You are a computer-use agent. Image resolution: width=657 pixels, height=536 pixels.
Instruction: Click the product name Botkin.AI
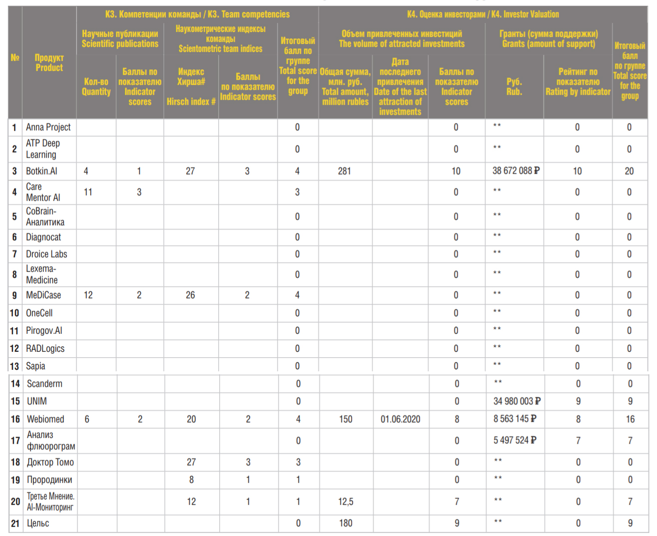click(x=41, y=171)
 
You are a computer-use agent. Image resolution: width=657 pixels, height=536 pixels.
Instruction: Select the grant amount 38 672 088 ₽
click(x=516, y=171)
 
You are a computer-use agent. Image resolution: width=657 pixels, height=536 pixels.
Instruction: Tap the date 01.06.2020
click(x=400, y=419)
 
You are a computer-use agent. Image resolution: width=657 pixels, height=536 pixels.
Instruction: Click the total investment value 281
click(x=344, y=171)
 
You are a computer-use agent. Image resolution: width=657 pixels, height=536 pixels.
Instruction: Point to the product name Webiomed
click(x=45, y=419)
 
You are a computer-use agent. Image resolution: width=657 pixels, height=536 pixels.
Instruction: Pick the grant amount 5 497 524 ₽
click(x=515, y=440)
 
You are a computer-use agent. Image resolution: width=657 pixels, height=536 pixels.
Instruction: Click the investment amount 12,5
click(x=345, y=502)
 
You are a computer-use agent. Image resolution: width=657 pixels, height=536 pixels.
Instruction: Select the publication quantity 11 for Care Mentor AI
click(x=88, y=192)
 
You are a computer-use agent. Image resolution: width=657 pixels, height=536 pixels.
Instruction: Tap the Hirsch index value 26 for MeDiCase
click(x=190, y=295)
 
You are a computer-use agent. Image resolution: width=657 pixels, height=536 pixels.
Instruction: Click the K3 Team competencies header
click(x=197, y=14)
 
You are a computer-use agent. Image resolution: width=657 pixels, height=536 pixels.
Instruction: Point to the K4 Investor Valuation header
click(x=483, y=14)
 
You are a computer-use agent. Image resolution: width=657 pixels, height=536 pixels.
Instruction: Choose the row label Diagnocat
click(x=43, y=237)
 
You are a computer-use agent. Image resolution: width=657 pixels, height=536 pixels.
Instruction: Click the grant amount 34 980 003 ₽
click(x=517, y=401)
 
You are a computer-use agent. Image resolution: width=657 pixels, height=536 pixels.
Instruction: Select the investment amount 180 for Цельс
click(x=345, y=523)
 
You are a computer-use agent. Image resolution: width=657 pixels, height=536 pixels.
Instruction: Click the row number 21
click(x=15, y=524)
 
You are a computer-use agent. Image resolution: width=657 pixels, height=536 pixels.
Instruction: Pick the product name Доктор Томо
click(x=50, y=462)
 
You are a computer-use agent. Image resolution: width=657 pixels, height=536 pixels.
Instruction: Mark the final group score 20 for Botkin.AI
click(x=629, y=171)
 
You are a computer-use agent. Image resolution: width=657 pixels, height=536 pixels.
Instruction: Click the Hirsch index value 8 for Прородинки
click(x=191, y=480)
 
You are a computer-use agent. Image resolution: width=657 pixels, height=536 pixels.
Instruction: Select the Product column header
click(x=49, y=63)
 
